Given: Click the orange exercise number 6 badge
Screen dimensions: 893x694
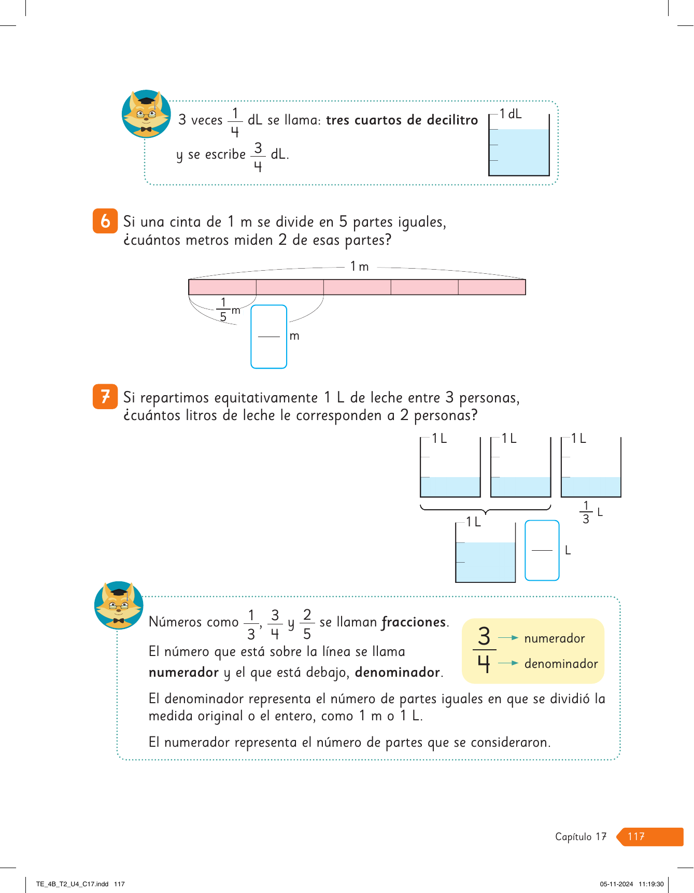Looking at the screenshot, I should point(105,221).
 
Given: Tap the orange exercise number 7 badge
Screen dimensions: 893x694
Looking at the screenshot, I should point(105,397).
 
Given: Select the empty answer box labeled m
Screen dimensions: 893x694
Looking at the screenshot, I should point(268,337).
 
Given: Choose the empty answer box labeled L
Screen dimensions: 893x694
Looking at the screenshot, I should point(542,550).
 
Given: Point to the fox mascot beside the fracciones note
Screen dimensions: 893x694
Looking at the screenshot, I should point(119,605).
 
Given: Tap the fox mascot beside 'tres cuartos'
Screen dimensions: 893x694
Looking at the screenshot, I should point(146,114).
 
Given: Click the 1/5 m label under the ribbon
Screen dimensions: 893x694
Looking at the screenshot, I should point(226,310).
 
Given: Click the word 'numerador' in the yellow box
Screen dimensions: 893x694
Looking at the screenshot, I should point(554,638).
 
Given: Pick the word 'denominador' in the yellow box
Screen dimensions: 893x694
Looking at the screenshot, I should point(561,664).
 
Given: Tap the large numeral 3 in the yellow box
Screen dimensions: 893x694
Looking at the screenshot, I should point(484,636).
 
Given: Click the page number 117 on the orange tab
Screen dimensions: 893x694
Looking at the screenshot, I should point(636,836).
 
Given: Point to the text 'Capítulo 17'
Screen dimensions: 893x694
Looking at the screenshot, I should point(580,836).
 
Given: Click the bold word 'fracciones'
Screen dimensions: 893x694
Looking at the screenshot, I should point(414,622).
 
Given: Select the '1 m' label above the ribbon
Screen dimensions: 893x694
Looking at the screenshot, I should point(359,267).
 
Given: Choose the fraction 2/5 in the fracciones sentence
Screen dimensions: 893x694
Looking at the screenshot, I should point(307,624).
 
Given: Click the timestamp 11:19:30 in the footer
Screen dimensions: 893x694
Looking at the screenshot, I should point(651,884).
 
